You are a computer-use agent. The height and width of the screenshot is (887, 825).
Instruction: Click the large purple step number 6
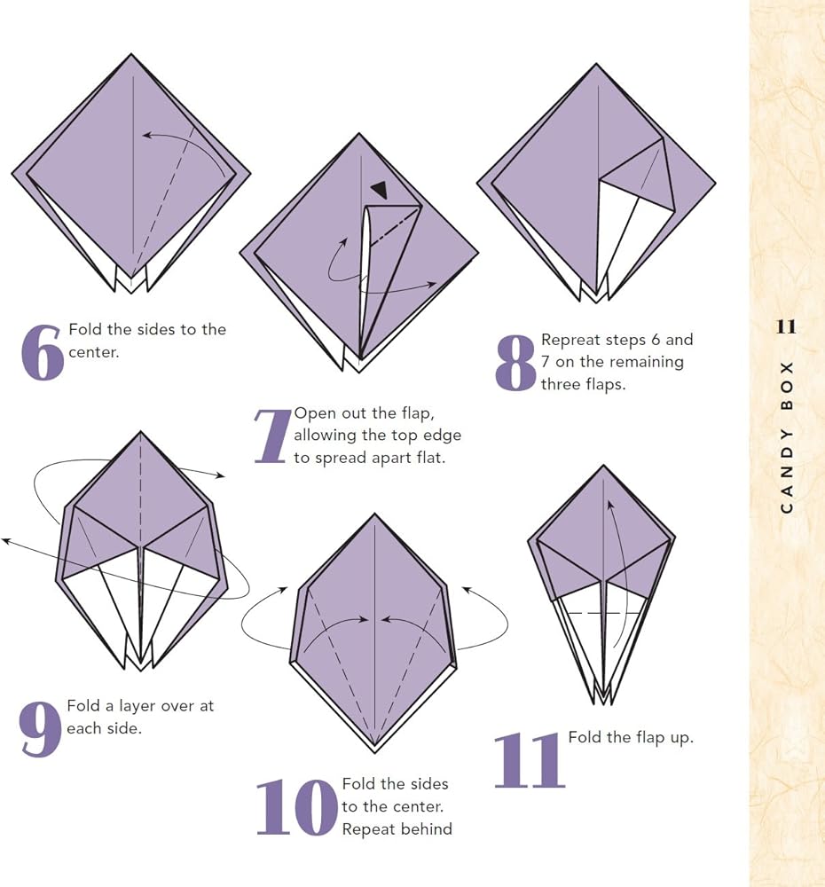point(42,352)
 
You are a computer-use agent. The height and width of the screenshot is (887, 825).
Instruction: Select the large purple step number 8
point(515,363)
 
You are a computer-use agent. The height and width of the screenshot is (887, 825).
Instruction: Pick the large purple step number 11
point(530,760)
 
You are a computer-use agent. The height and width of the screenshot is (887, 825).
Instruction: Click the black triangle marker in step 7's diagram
point(380,190)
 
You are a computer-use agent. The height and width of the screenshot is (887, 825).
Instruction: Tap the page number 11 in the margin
point(786,327)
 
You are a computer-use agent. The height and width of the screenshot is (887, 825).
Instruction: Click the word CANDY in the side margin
point(787,471)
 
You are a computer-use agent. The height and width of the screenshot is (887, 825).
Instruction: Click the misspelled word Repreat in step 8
point(566,341)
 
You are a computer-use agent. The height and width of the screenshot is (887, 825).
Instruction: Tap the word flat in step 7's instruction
point(430,457)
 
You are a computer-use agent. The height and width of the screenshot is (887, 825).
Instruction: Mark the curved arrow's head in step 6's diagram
point(147,135)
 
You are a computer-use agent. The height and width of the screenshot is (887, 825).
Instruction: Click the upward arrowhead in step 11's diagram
point(609,506)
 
